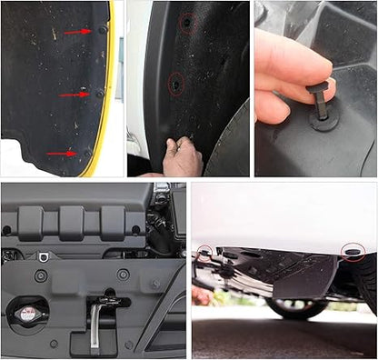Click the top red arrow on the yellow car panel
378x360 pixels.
pyautogui.click(x=76, y=32)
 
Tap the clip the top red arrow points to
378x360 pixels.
pyautogui.click(x=102, y=30)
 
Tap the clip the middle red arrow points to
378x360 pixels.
pyautogui.click(x=99, y=92)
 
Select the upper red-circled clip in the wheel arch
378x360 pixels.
pyautogui.click(x=186, y=22)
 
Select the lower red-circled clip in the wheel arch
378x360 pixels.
pyautogui.click(x=174, y=85)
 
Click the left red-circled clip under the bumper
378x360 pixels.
pyautogui.click(x=206, y=250)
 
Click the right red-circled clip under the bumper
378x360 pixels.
pyautogui.click(x=352, y=250)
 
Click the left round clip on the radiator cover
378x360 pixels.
pyautogui.click(x=41, y=275)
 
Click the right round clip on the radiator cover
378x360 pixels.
pyautogui.click(x=124, y=274)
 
